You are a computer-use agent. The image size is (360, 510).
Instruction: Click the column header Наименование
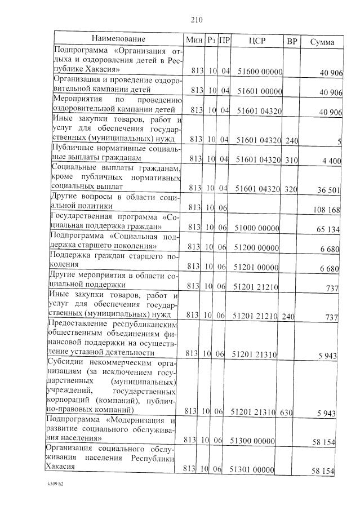118,39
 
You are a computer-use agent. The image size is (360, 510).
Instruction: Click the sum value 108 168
327,210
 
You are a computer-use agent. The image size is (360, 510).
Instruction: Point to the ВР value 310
291,160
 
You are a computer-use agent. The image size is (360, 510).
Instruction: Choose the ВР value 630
286,412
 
